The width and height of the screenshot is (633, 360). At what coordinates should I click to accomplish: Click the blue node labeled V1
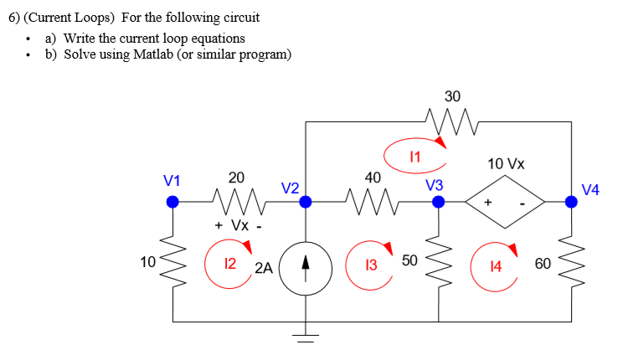tap(172, 201)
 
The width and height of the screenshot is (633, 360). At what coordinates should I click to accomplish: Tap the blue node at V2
tap(306, 201)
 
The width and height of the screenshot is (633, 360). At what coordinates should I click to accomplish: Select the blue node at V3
tap(438, 201)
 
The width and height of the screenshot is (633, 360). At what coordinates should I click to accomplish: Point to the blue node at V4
tap(571, 201)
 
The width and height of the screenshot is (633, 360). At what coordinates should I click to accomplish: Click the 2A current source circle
tap(306, 272)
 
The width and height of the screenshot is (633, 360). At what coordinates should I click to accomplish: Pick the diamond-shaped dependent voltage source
tap(505, 202)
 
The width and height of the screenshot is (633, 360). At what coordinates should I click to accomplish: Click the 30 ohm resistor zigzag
tap(451, 122)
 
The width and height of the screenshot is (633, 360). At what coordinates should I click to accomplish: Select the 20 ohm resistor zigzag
tap(237, 201)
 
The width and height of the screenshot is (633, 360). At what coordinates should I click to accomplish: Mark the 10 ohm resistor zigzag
tap(173, 261)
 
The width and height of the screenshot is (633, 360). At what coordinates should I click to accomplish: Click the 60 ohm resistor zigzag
tap(571, 263)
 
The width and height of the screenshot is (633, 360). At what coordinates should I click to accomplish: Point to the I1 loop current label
tap(414, 155)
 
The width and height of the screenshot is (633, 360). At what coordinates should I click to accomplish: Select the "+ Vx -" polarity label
tap(238, 226)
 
